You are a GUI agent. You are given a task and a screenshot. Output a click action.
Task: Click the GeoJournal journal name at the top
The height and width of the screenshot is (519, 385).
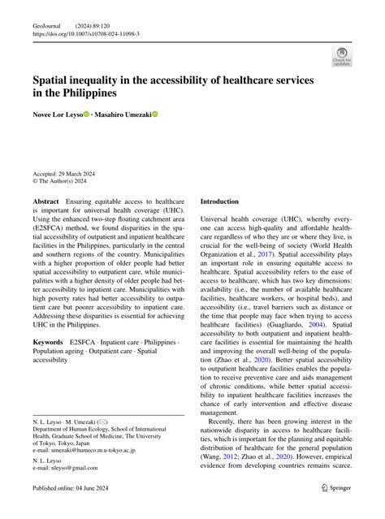pyautogui.click(x=47, y=25)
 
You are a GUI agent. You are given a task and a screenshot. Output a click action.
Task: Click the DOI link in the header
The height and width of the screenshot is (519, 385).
pyautogui.click(x=86, y=35)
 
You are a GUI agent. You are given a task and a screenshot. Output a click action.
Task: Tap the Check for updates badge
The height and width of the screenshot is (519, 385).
pyautogui.click(x=342, y=56)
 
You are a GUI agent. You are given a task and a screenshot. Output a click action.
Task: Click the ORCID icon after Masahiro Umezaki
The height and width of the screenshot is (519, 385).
pyautogui.click(x=155, y=115)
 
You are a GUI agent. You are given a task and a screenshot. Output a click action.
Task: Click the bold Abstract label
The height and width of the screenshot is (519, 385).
pyautogui.click(x=45, y=200)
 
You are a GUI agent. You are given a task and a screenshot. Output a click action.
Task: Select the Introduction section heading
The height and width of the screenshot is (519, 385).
pyautogui.click(x=219, y=201)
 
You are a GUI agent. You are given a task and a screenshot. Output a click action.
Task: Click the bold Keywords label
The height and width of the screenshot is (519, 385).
pyautogui.click(x=48, y=343)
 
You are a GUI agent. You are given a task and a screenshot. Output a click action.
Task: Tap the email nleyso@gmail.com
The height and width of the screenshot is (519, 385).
pyautogui.click(x=66, y=468)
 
